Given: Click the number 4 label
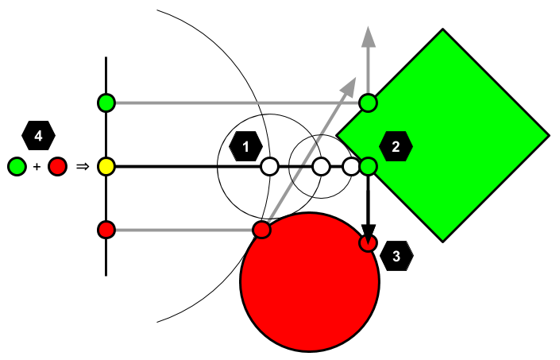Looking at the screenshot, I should [x=38, y=136].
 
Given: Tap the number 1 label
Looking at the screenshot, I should [x=246, y=147].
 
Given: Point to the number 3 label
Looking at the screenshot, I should [x=396, y=257].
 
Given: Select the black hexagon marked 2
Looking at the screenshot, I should [x=396, y=146].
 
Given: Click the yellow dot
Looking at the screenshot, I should [x=106, y=166].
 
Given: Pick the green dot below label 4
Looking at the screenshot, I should [x=17, y=166].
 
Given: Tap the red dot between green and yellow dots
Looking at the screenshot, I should [x=57, y=166].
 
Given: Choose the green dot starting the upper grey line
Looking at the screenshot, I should [x=106, y=103].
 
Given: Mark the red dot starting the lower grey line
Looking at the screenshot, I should [x=106, y=230].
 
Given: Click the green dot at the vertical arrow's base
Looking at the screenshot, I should [x=368, y=103].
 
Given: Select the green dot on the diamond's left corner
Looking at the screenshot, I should [x=368, y=166].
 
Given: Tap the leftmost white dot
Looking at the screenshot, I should [x=270, y=166].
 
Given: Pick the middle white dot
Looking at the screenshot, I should [x=321, y=166].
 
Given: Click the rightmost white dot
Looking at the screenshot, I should [x=351, y=166].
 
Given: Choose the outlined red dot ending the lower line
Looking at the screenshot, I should [x=261, y=230].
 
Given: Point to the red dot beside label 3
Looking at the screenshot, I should [x=368, y=242].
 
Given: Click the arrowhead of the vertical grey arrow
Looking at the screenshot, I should [x=369, y=37].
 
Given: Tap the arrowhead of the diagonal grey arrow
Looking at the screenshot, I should [x=350, y=85].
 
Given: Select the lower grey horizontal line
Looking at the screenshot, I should [x=183, y=230].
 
